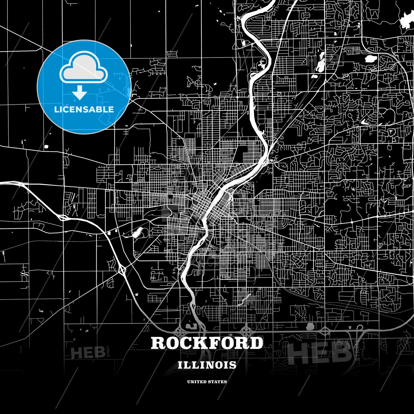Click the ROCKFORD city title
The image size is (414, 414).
point(207,343)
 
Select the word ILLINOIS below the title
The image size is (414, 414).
point(207,365)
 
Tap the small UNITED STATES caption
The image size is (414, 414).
point(207,382)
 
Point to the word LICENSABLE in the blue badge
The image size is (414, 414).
point(84,109)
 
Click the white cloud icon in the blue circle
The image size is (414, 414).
point(83,68)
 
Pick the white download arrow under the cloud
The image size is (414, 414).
point(80,93)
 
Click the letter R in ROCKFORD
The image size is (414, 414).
point(158,343)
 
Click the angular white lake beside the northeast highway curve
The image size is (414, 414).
point(370,59)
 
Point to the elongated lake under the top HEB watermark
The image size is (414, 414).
point(320,65)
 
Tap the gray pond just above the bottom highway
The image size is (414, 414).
point(310,327)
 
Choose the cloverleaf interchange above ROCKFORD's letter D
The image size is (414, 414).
point(246,331)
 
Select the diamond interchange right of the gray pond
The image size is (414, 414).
point(325,331)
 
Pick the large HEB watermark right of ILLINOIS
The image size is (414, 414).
point(319,352)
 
